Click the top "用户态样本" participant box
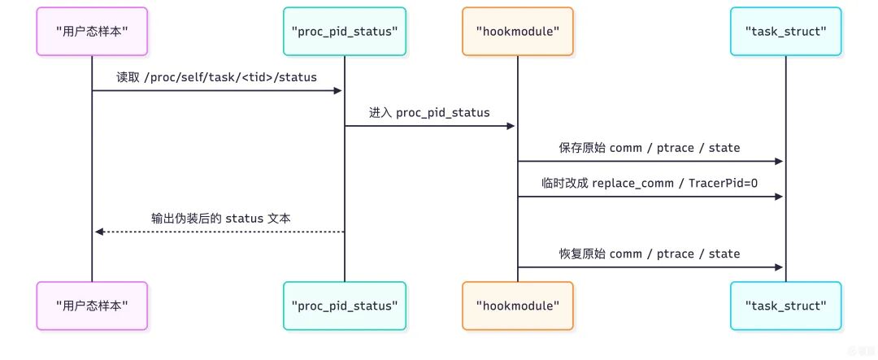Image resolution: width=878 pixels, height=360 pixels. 92,32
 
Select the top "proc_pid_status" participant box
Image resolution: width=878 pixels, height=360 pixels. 344,32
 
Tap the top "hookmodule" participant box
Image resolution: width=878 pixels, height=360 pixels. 518,32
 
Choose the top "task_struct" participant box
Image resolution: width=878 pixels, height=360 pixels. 785,32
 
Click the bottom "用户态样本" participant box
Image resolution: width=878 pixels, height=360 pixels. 92,306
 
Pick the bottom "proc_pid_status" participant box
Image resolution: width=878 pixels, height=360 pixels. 344,306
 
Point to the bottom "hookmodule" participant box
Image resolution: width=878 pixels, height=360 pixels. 518,306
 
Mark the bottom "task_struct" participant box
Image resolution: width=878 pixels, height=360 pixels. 785,306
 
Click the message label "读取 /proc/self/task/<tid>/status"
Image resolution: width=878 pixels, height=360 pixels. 216,76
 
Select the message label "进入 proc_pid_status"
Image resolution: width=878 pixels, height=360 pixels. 430,112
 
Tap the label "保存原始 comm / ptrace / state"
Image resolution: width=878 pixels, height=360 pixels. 650,147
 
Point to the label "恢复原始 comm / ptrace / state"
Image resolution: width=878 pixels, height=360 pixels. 650,254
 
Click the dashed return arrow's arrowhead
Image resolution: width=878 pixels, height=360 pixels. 98,232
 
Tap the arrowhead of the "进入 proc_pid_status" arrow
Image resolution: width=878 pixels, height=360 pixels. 511,126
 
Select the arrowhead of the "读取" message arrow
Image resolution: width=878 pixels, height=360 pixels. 337,90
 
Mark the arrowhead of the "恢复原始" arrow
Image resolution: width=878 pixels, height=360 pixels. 779,267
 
